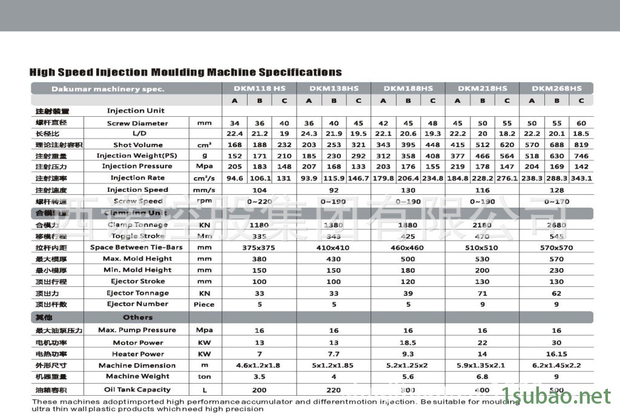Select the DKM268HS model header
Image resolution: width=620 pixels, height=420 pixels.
tap(556, 88)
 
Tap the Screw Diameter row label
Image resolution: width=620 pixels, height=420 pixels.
tap(137, 123)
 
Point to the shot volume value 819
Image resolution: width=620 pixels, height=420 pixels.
tap(581, 145)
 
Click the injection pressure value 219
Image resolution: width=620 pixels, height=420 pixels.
tap(458, 166)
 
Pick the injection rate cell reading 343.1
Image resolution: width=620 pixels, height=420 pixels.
tap(581, 178)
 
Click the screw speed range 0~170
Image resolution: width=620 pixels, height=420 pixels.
tap(556, 201)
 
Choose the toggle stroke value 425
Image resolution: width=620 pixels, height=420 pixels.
tap(408, 236)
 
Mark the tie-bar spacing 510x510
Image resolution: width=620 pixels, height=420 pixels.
tap(482, 248)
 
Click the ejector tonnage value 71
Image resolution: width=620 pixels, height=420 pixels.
tap(482, 293)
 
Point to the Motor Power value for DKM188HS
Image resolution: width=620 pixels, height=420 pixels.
tap(408, 343)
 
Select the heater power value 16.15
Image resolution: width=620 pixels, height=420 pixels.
tap(556, 354)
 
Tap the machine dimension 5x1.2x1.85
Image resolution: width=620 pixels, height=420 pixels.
tap(334, 366)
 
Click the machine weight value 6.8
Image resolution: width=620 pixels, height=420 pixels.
tap(482, 376)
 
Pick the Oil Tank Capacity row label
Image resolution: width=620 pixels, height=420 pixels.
tap(137, 389)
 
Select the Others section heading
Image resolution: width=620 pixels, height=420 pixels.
tap(137, 317)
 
